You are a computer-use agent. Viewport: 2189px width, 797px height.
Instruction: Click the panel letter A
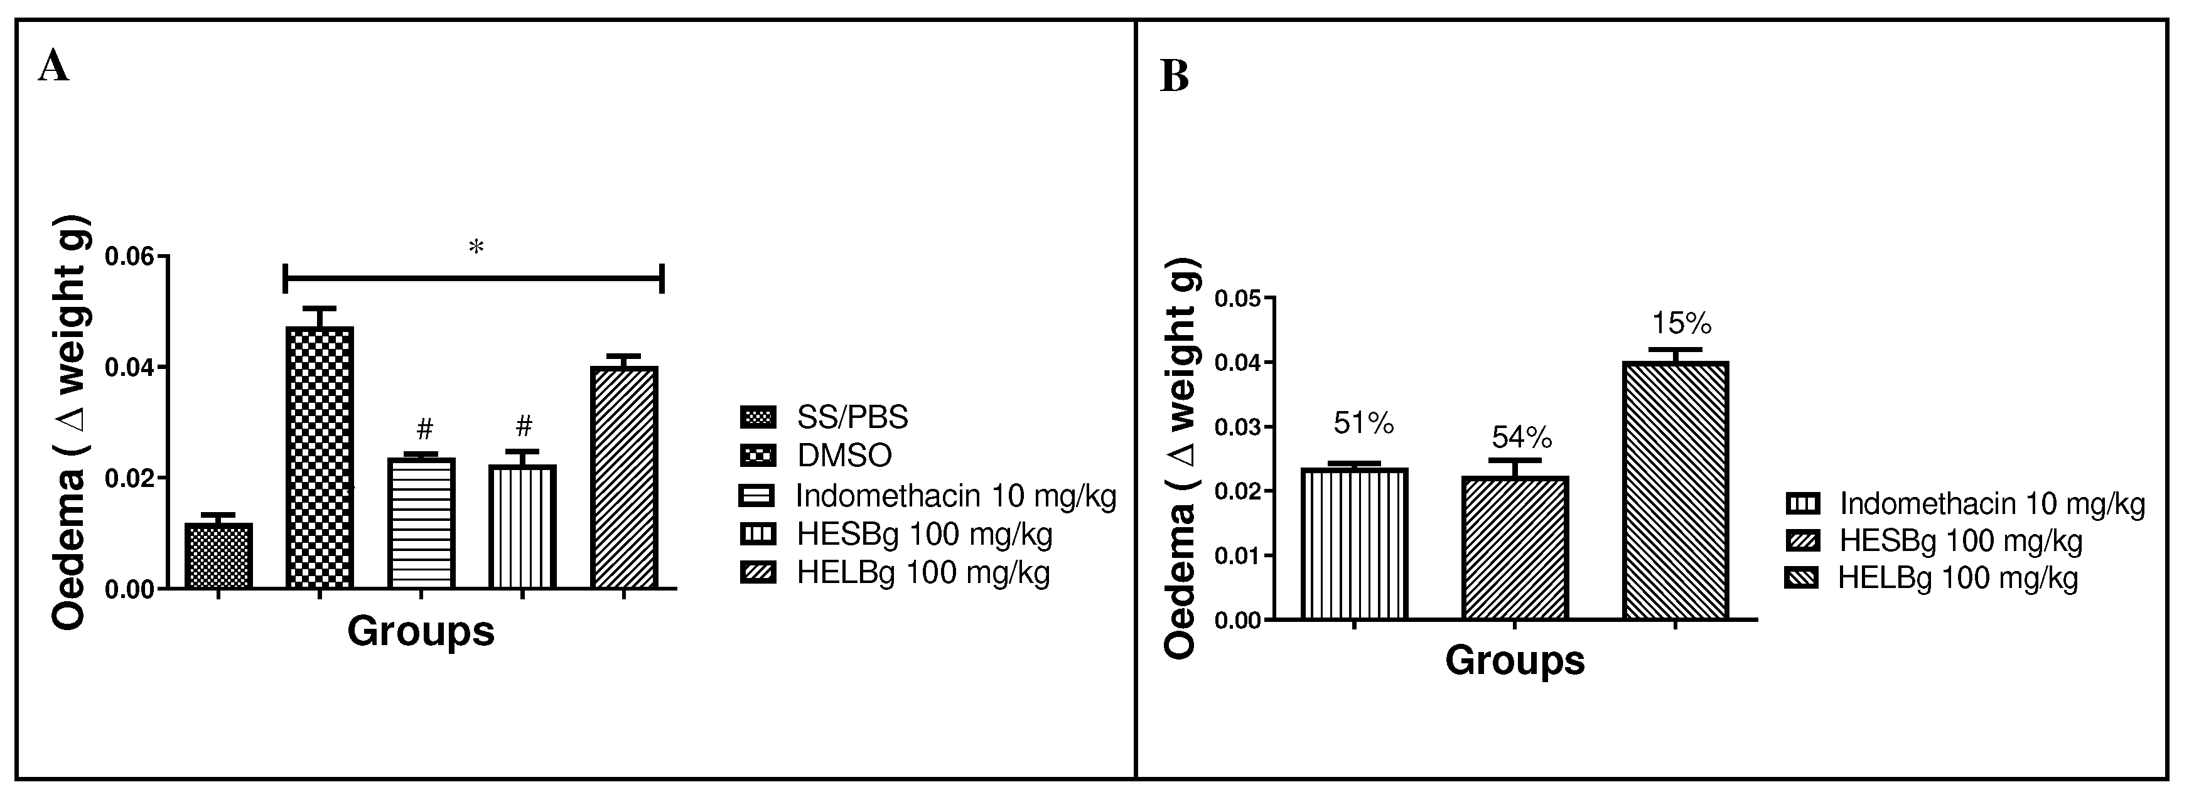coord(53,67)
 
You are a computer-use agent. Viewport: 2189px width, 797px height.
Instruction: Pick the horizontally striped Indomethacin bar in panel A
coord(421,523)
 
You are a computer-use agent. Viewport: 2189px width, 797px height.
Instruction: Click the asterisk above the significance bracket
coord(476,248)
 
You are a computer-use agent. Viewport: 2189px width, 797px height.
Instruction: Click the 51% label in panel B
coord(1363,423)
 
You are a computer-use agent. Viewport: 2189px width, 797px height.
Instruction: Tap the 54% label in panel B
coord(1521,437)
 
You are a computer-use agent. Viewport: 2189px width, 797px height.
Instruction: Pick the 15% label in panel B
coord(1681,324)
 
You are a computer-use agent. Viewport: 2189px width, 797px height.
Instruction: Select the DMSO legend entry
coord(844,456)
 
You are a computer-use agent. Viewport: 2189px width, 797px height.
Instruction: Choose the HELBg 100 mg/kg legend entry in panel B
coord(1957,579)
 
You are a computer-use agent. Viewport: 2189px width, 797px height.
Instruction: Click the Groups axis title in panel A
coord(421,631)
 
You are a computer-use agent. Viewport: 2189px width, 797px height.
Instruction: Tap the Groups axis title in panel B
coord(1514,660)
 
